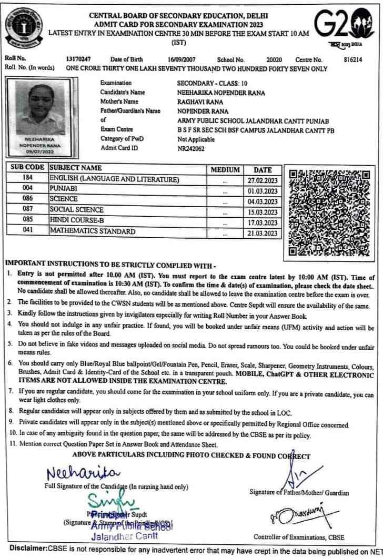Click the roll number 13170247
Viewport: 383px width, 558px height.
pyautogui.click(x=78, y=60)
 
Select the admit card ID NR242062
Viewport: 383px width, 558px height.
pyautogui.click(x=191, y=149)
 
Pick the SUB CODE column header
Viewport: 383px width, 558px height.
pyautogui.click(x=27, y=169)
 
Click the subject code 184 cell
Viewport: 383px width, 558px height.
pyautogui.click(x=27, y=179)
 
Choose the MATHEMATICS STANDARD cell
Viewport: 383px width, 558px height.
pyautogui.click(x=92, y=231)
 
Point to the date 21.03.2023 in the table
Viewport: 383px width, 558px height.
pyautogui.click(x=263, y=233)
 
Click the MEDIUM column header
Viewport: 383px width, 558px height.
pyautogui.click(x=225, y=170)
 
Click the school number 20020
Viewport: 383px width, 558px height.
pyautogui.click(x=274, y=60)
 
